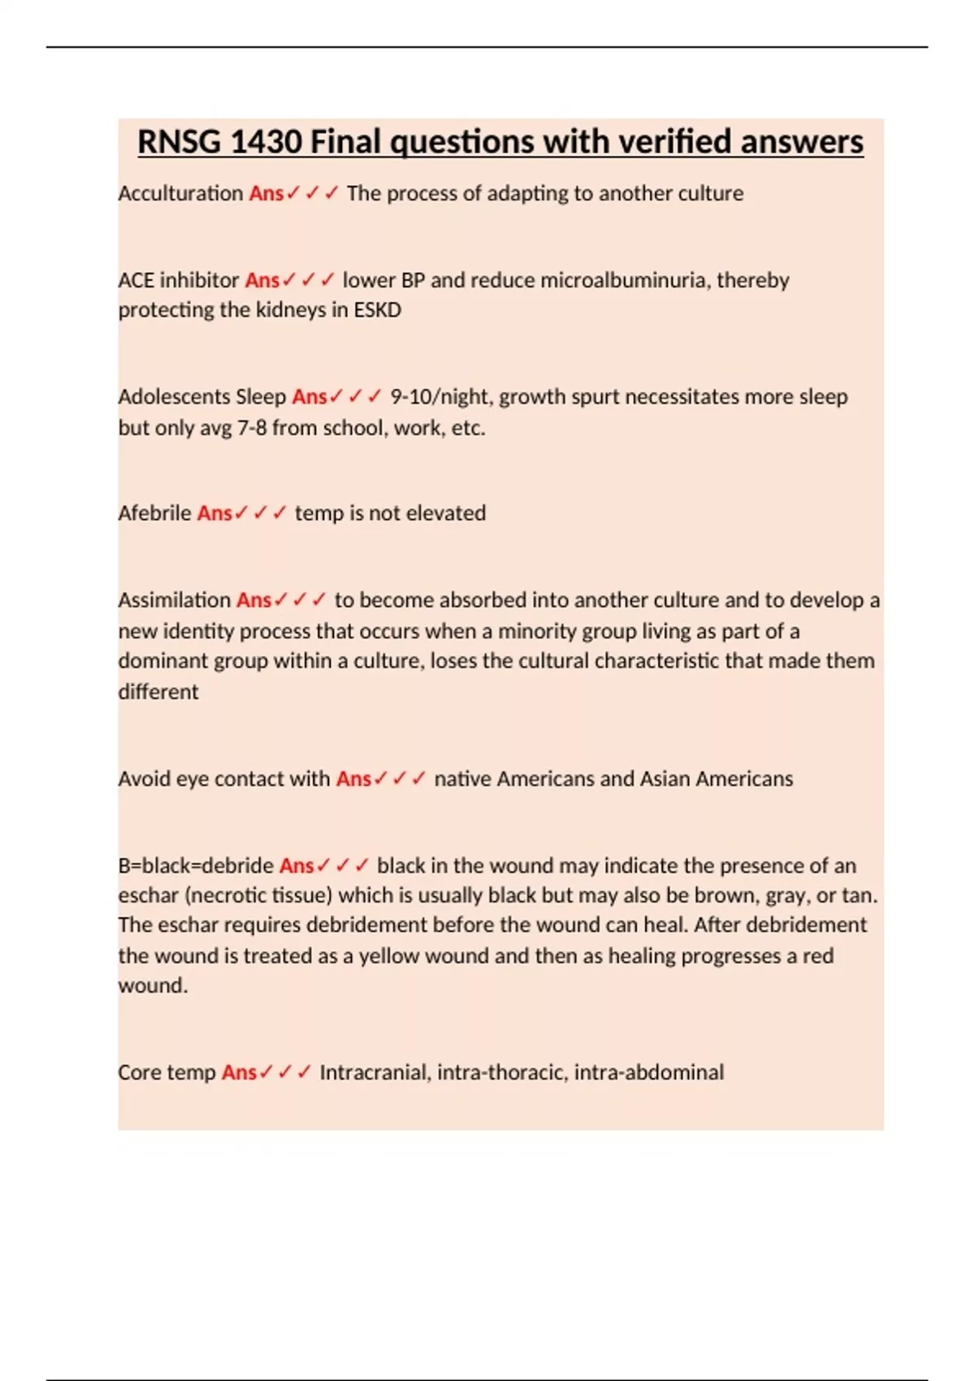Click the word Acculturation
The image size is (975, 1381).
180,193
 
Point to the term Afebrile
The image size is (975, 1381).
154,513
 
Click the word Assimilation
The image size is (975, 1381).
174,600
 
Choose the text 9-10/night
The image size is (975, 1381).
441,397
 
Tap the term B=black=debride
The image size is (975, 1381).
196,866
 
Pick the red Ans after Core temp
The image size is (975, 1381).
239,1072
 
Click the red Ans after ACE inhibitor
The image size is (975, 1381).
262,280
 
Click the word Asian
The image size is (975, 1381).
665,779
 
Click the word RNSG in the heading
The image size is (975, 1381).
179,142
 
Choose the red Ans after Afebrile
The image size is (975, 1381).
214,513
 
